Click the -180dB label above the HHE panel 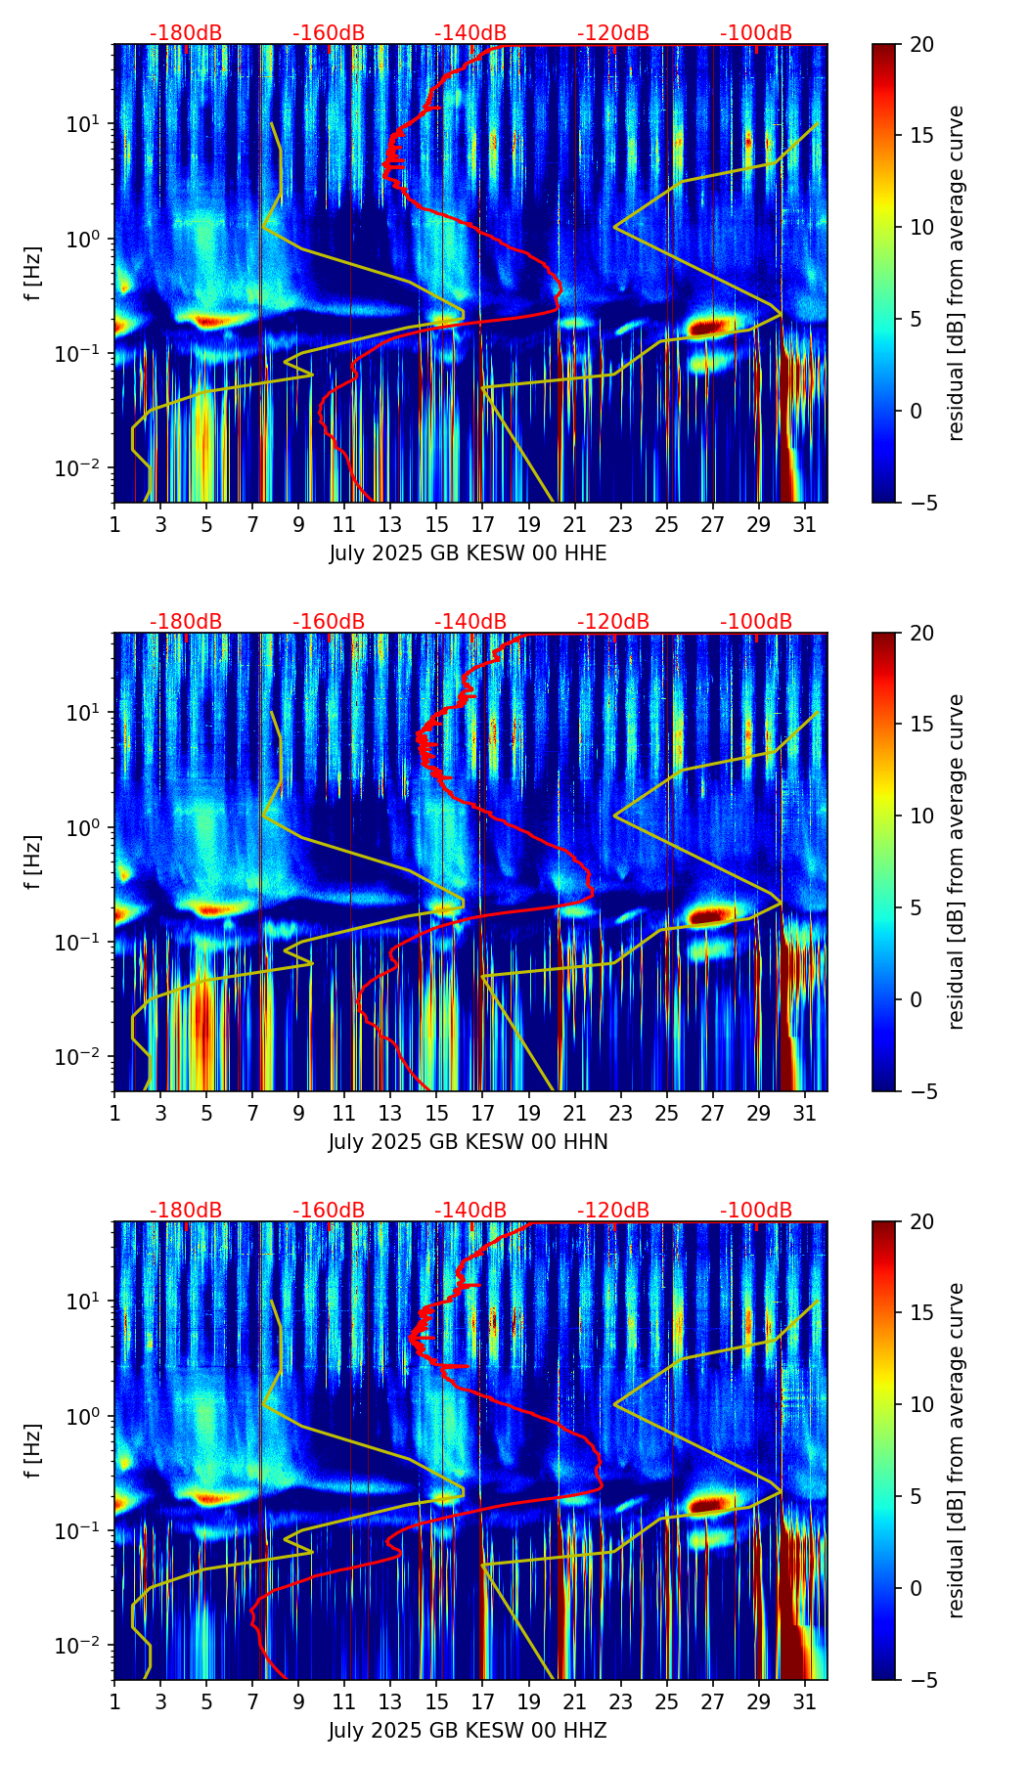click(186, 33)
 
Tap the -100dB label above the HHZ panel click(756, 1211)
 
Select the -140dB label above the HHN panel click(470, 622)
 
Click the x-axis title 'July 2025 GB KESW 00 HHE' click(468, 553)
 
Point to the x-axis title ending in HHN click(468, 1142)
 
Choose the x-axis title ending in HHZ click(468, 1731)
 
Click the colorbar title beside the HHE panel click(957, 273)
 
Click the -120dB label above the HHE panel click(613, 33)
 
